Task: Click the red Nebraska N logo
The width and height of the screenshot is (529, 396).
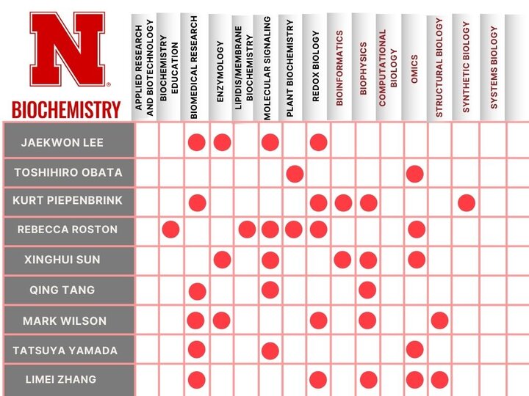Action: [x=66, y=53]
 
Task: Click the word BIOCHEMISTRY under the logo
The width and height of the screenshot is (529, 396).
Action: [x=66, y=109]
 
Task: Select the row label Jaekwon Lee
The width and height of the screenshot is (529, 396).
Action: [x=62, y=142]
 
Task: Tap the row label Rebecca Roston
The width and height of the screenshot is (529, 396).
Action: [x=68, y=230]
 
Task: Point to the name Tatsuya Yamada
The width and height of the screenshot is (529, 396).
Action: [x=65, y=351]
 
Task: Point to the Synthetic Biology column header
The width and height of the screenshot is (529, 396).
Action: [x=466, y=66]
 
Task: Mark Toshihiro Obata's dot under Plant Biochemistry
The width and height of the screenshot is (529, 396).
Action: [x=295, y=174]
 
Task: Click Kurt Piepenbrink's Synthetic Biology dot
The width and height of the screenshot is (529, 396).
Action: [x=466, y=202]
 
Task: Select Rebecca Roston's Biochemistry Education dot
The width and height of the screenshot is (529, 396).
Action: [x=170, y=229]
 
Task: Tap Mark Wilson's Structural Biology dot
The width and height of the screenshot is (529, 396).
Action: [x=439, y=320]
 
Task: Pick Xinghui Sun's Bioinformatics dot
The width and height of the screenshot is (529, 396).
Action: [x=342, y=259]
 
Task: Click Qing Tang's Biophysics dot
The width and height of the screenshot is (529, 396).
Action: [x=367, y=290]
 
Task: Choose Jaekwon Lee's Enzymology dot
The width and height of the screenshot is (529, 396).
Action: [x=222, y=142]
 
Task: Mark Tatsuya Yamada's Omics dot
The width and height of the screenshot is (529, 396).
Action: [x=414, y=349]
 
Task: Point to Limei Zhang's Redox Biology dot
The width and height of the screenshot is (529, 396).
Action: [x=318, y=380]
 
